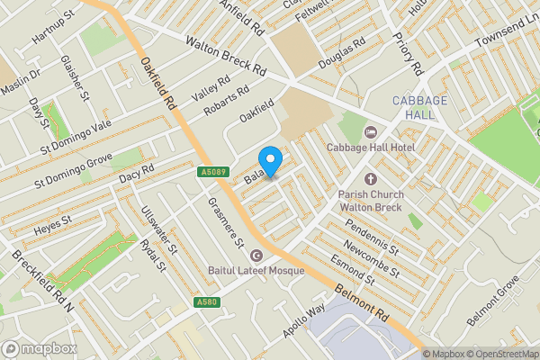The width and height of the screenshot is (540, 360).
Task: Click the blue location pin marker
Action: [271, 157]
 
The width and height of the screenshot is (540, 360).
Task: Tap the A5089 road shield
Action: [212, 171]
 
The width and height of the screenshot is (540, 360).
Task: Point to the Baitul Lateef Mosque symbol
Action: [257, 256]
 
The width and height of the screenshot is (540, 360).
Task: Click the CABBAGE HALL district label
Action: [418, 108]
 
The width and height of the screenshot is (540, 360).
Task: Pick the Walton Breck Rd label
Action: [226, 56]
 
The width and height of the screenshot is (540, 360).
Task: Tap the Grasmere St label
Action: [226, 224]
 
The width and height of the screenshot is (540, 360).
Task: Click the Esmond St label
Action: [350, 269]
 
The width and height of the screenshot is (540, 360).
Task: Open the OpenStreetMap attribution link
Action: [495, 353]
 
